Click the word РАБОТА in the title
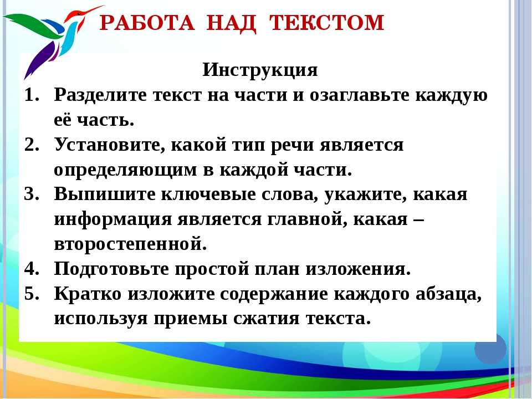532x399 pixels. coord(147,23)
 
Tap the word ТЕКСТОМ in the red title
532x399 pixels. coord(326,23)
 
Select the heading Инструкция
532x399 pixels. coord(260,70)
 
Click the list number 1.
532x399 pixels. coord(32,95)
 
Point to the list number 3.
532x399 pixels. coord(32,194)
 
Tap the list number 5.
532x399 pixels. coord(32,294)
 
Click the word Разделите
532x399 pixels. coord(100,95)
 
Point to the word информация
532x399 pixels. coord(113,220)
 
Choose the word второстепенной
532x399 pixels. coord(131,244)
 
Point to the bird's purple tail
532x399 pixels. coord(40,60)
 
